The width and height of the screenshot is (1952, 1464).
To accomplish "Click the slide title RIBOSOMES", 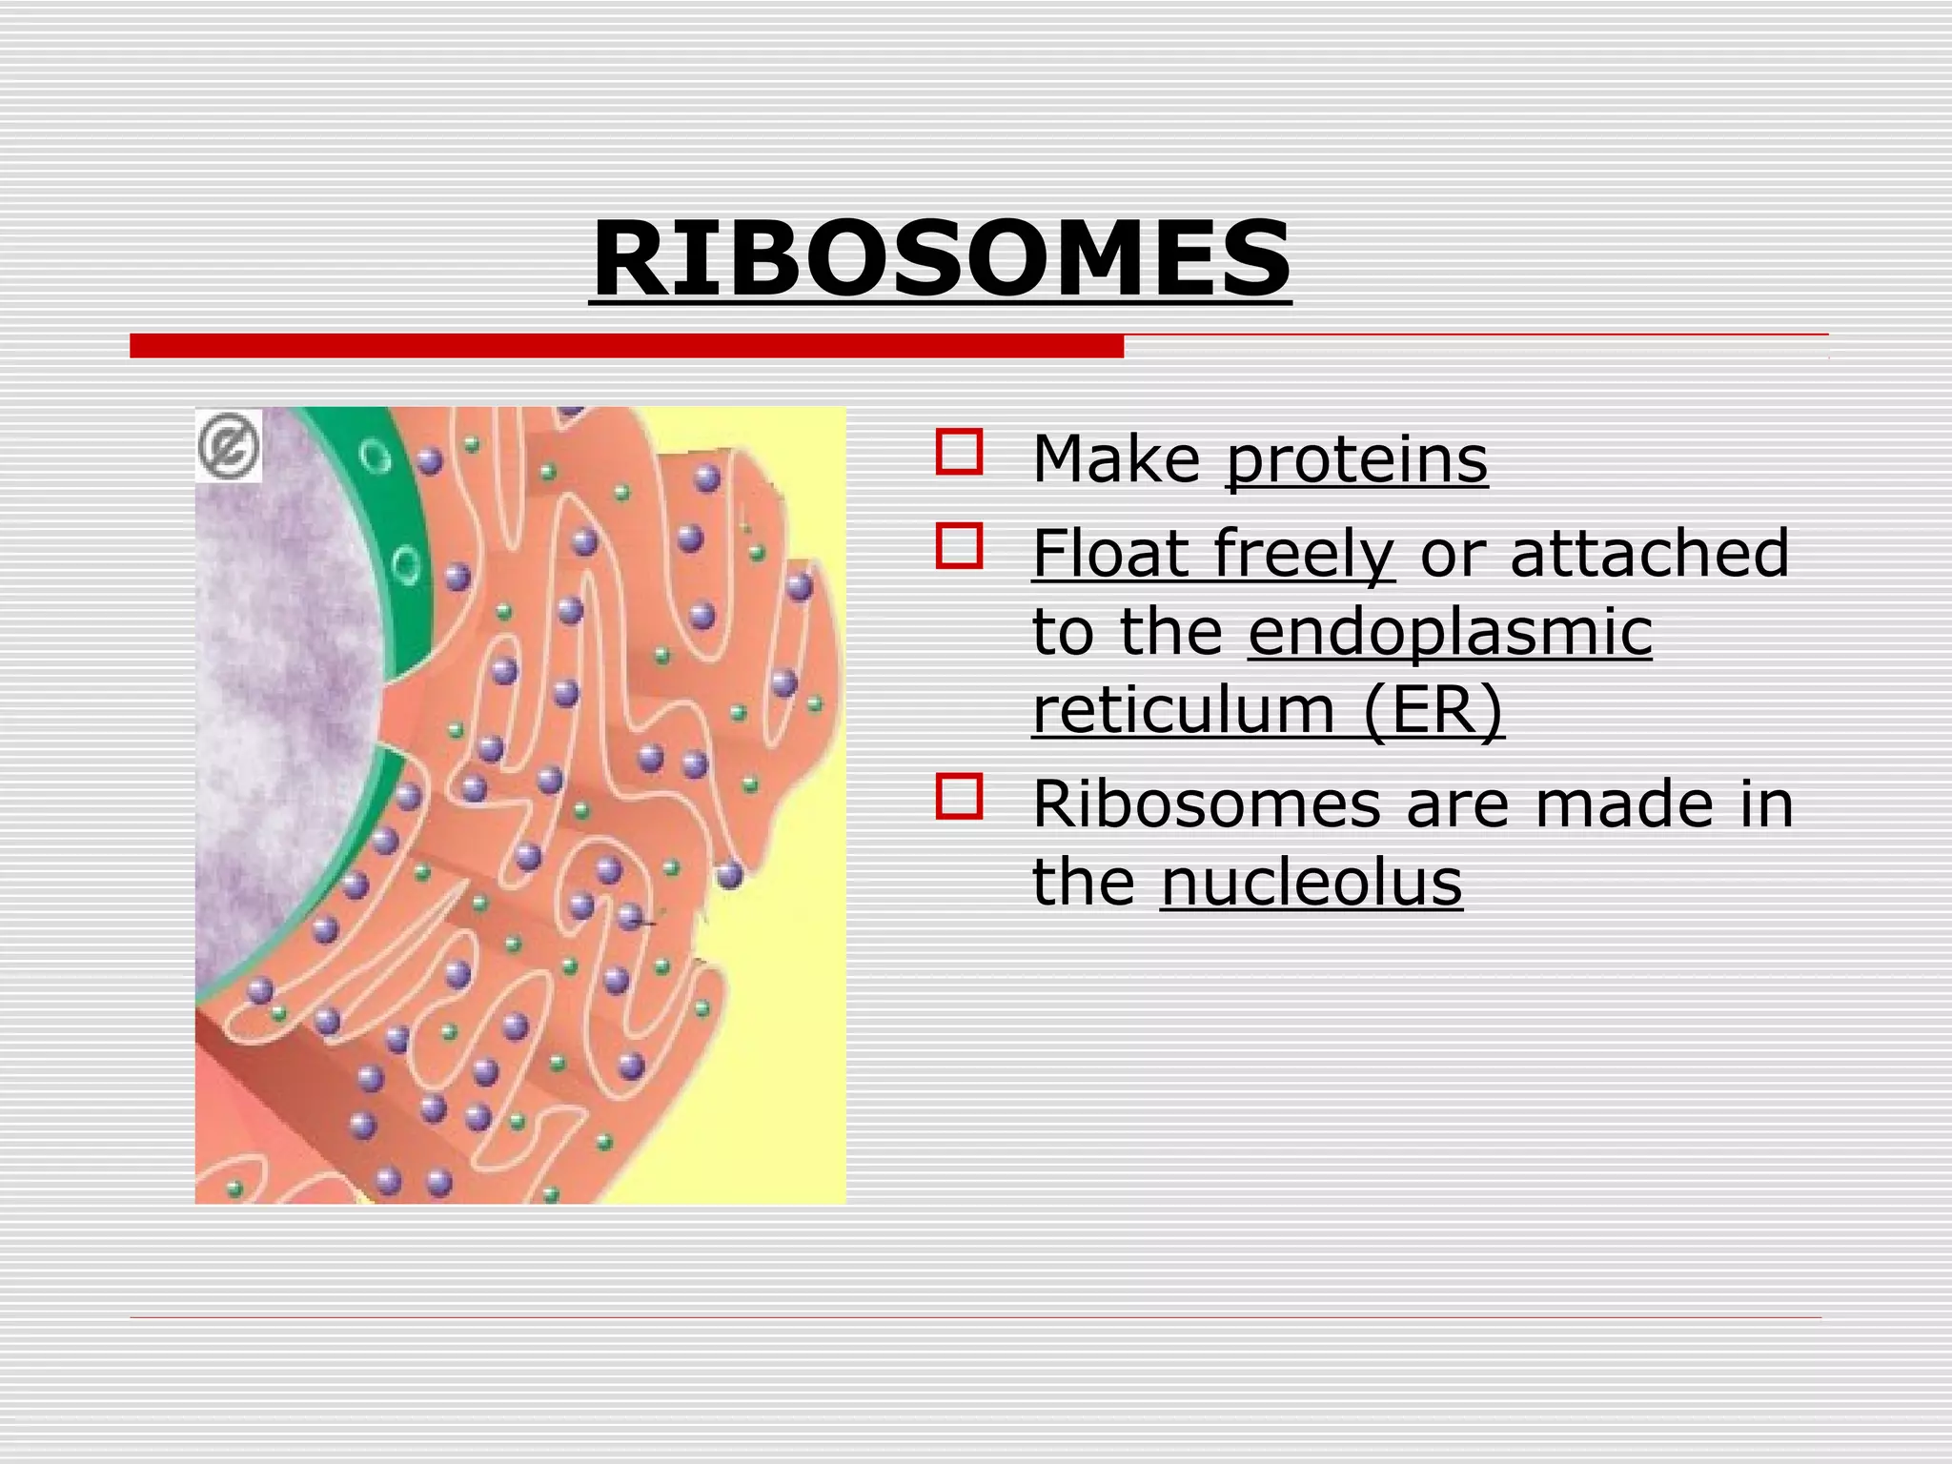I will (x=940, y=259).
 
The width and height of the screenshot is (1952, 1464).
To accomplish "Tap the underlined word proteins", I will (x=1355, y=460).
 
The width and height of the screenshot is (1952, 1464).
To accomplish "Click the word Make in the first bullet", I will (x=1116, y=460).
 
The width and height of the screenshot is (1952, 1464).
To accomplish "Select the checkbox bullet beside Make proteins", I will (x=959, y=452).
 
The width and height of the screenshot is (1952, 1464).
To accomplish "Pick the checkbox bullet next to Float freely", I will (x=959, y=546).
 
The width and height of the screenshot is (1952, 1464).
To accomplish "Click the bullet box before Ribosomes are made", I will (x=959, y=796).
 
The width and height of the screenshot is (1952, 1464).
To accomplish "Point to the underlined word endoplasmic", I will (x=1449, y=632).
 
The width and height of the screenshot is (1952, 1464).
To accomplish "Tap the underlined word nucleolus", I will (x=1311, y=883).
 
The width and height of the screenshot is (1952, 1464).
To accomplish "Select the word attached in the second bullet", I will (x=1649, y=554).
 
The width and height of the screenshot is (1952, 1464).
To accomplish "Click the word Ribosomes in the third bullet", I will (x=1206, y=804).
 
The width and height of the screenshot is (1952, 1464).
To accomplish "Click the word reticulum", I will (x=1182, y=710).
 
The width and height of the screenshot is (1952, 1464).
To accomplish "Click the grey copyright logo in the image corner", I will (x=229, y=445).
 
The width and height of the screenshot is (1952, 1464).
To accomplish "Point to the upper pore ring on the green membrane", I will (x=376, y=457).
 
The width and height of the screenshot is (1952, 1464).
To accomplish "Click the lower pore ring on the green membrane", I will (x=407, y=565).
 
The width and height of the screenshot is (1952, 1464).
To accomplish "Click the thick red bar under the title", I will (x=626, y=346).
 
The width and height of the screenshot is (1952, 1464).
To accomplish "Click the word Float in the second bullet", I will (x=1111, y=554).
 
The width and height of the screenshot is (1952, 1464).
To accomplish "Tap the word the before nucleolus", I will (x=1084, y=883).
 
